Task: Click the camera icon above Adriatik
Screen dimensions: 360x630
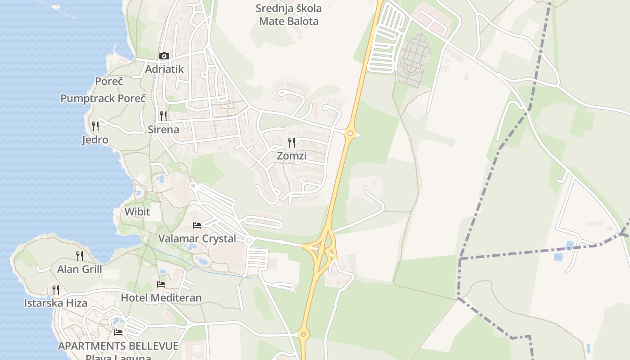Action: pos(164,56)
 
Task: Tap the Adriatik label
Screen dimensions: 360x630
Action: pos(164,69)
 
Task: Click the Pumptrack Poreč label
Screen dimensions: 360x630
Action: pos(103,99)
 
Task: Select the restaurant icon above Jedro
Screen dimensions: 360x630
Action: pos(95,126)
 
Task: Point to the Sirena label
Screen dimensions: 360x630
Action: pos(163,130)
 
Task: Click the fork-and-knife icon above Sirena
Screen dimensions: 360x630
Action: pos(163,116)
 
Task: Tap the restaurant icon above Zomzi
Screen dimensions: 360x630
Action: pos(292,143)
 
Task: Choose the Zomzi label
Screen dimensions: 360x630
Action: pos(292,156)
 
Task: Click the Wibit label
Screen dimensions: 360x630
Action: pos(137,211)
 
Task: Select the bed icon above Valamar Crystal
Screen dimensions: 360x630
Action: pos(197,225)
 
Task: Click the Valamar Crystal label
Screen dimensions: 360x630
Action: pos(197,238)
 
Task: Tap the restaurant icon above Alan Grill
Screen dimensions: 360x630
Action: pos(80,256)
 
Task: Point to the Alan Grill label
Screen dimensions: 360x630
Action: pos(80,270)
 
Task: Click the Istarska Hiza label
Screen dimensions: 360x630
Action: pos(56,303)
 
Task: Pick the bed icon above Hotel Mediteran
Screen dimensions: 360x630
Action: pos(161,284)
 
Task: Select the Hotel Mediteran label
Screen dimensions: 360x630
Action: pos(161,297)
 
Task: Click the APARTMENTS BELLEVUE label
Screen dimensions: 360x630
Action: pos(118,346)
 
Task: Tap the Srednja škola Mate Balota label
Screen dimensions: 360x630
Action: pos(288,15)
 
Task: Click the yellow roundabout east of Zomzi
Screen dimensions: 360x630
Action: pos(350,133)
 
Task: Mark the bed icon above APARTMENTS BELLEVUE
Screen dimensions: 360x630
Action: pos(118,333)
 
